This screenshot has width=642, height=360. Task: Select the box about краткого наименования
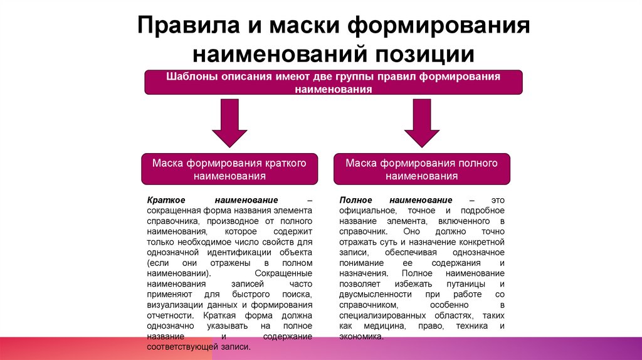(x=229, y=169)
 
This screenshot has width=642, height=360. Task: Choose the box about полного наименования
(x=421, y=169)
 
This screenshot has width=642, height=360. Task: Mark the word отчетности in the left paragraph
(x=166, y=316)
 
